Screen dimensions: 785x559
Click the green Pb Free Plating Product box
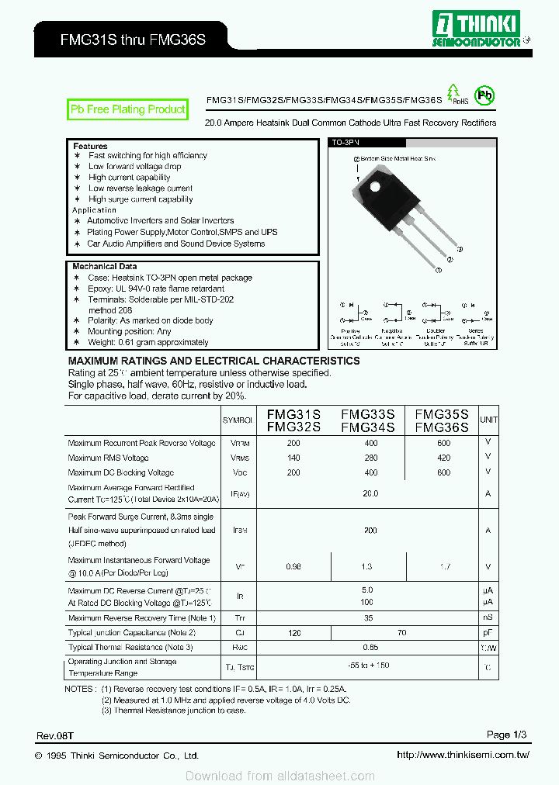(128, 110)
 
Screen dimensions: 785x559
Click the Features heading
(90, 146)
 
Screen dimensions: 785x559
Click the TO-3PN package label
(345, 144)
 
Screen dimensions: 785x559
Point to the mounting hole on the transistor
(375, 187)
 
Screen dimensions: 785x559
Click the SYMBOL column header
(238, 420)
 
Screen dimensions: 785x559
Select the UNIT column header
(488, 420)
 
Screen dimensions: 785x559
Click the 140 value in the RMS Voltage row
(293, 458)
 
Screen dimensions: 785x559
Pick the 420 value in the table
(443, 458)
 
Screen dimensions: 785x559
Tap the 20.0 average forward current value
(370, 493)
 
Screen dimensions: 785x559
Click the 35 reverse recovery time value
(369, 618)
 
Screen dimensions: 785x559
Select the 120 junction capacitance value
(294, 633)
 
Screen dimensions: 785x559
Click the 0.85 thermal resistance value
(370, 647)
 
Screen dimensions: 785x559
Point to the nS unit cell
(488, 618)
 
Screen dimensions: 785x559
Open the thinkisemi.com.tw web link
(463, 755)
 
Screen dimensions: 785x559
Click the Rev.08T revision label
(54, 735)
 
